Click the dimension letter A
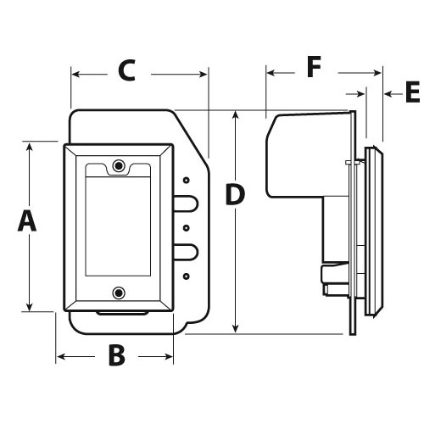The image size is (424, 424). (27, 221)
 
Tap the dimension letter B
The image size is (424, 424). (117, 356)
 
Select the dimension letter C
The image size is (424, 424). (126, 70)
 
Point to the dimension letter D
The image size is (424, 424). (235, 194)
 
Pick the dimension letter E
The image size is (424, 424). (413, 92)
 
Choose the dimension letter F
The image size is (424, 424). (314, 67)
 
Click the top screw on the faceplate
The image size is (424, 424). (119, 165)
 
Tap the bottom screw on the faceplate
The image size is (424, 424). (119, 293)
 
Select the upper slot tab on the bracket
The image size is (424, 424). (186, 203)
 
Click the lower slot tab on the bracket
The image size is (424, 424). (186, 252)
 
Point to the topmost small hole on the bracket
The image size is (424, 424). (186, 180)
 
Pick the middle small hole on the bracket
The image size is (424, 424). (186, 228)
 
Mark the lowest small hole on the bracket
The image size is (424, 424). (186, 276)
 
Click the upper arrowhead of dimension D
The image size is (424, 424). (235, 115)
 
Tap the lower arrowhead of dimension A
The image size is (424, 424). (29, 306)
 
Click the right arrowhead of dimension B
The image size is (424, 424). (168, 356)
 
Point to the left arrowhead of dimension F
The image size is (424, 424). (271, 73)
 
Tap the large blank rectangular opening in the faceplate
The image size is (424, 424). (118, 226)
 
